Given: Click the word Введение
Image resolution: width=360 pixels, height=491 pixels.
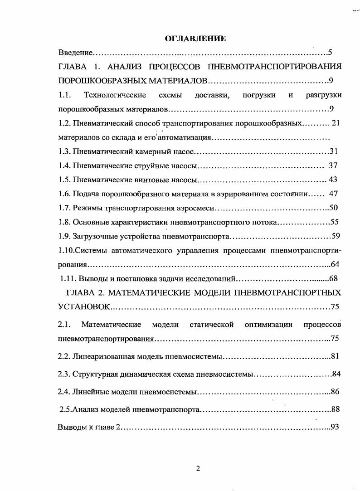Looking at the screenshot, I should click(73, 53).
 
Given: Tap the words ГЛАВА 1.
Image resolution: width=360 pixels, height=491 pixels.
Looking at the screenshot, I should click(78, 67).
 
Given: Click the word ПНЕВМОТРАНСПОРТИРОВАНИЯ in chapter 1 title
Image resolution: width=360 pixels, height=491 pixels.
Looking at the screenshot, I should click(274, 67).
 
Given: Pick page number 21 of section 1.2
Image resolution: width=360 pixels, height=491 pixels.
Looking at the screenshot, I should click(336, 123).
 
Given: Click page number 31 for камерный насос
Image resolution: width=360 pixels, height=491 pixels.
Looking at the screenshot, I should click(333, 151).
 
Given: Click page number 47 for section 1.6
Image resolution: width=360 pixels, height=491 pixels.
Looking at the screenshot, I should click(334, 193).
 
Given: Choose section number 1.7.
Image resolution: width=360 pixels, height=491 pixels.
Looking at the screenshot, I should click(65, 208).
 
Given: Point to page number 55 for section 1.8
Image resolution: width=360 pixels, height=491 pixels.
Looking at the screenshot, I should click(335, 222).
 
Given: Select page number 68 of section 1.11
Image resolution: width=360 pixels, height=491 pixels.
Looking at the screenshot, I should click(333, 278).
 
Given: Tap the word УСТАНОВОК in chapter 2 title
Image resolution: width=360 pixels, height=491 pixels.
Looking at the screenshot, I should click(84, 306).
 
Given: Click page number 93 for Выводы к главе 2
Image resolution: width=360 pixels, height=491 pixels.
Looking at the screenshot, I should click(335, 426).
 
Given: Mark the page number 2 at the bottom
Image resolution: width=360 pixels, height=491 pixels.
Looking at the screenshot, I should click(198, 468).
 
